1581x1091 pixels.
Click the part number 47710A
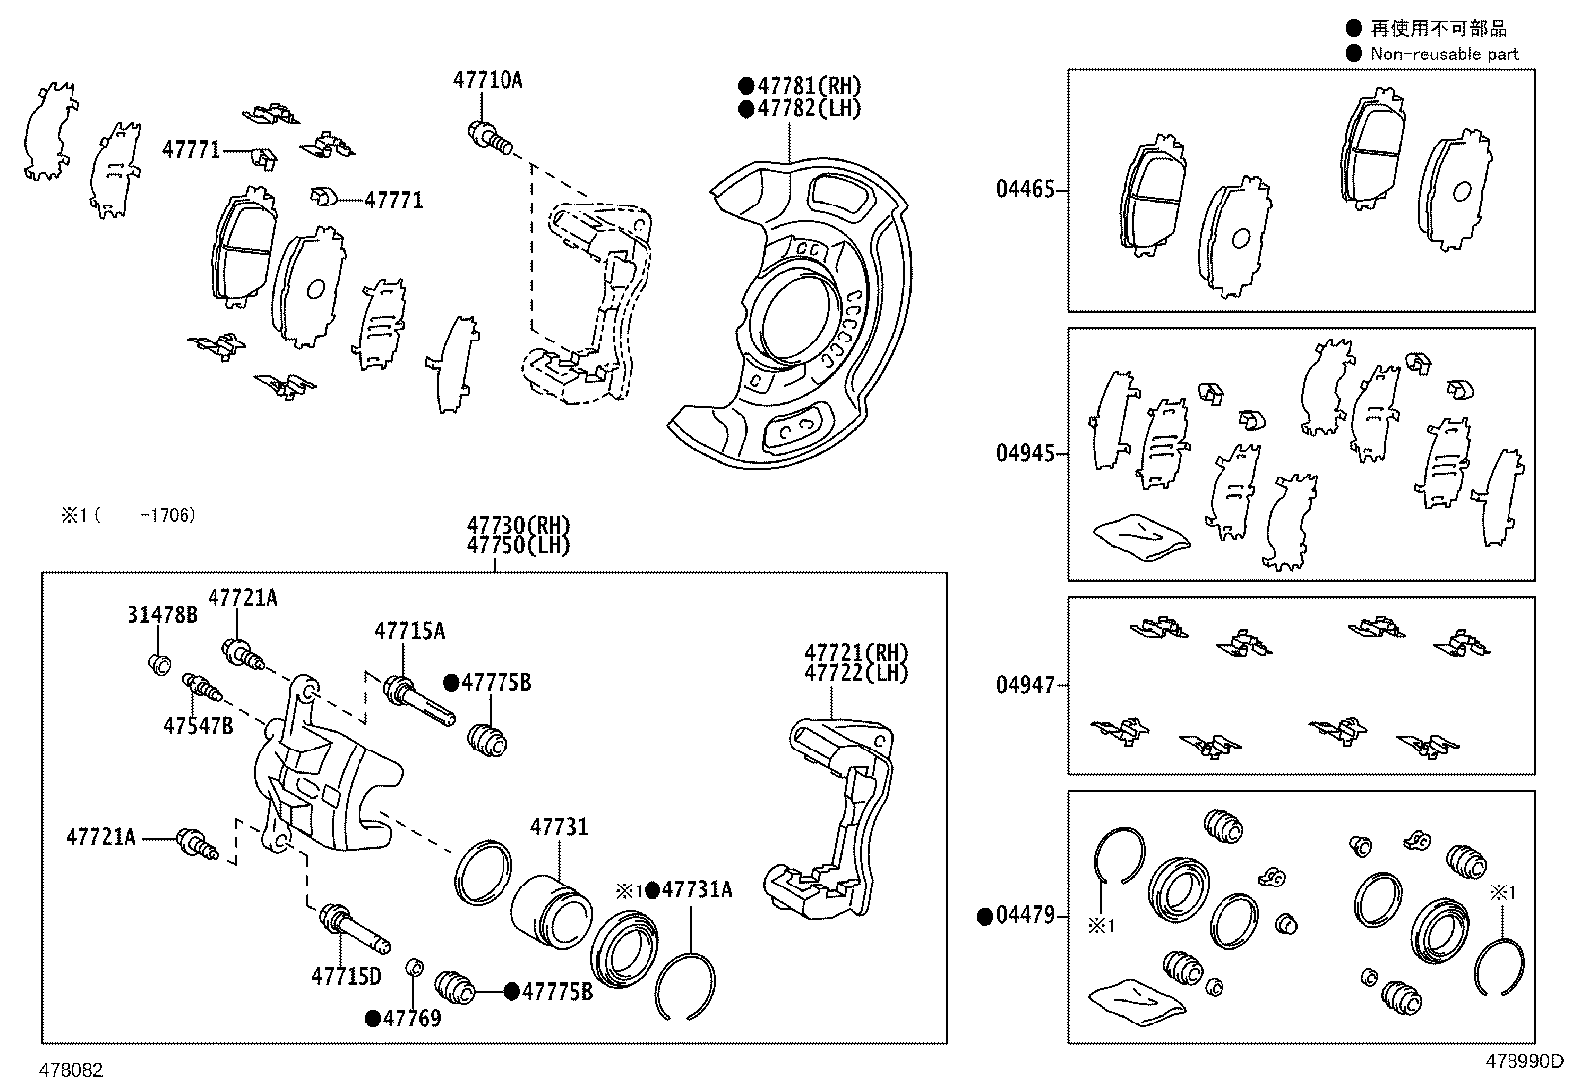[x=487, y=81]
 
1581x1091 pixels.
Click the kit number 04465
[x=1025, y=189]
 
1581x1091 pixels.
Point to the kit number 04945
[x=1025, y=454]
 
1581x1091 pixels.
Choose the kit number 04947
[x=1025, y=685]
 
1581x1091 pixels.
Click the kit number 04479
[x=1025, y=916]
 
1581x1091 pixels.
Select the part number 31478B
[x=161, y=615]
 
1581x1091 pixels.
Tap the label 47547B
[x=199, y=726]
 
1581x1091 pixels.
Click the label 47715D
[x=346, y=977]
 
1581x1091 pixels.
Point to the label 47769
[x=412, y=1018]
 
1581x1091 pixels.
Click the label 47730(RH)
[x=519, y=526]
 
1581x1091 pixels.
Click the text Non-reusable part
[x=1444, y=54]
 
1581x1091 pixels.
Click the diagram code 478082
[x=72, y=1070]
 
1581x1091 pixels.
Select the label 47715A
[x=409, y=631]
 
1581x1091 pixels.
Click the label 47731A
[x=697, y=890]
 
